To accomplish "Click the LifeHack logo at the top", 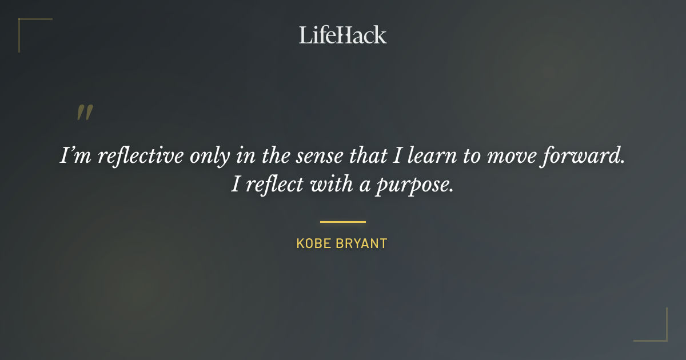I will coord(342,35).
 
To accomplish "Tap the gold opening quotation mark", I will coord(85,113).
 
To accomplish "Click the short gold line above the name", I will coord(342,222).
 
